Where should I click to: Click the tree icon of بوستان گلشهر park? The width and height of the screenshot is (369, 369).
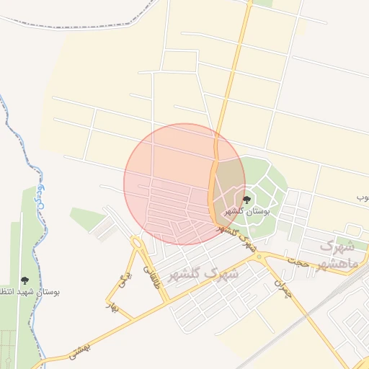(246, 199)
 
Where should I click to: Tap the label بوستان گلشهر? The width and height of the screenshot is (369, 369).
(246, 212)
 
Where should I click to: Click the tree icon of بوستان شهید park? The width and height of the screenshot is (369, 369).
(25, 280)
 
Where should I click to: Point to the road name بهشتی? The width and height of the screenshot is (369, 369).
(82, 348)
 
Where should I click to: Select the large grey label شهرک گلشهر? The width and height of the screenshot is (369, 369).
(203, 274)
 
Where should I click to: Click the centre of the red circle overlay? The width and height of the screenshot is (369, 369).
(184, 184)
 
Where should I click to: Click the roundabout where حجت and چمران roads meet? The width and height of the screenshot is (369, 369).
(259, 257)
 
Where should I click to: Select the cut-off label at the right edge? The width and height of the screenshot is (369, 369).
(363, 196)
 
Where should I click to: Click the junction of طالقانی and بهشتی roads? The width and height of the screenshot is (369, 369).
(167, 301)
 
